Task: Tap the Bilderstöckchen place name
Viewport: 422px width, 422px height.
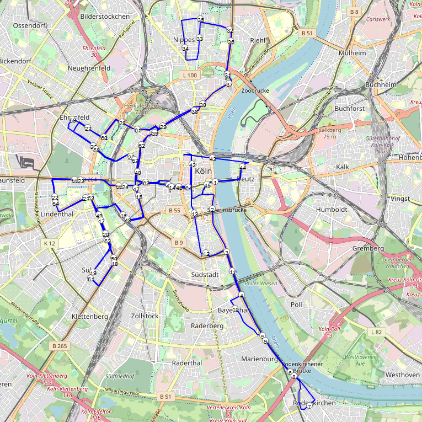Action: (105, 17)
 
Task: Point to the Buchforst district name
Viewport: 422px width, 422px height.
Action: (350, 109)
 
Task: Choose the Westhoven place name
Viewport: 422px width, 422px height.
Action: (403, 375)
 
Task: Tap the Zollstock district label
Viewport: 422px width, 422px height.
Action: (145, 316)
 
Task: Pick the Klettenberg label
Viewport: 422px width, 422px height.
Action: (90, 317)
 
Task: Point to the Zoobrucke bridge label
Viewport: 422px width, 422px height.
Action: (255, 90)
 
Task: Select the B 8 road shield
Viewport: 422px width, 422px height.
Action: (354, 12)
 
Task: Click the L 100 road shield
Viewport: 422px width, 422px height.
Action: (189, 75)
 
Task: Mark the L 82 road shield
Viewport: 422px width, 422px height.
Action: (376, 332)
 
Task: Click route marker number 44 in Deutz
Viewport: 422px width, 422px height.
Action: (242, 167)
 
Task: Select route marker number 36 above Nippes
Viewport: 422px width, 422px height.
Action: (200, 20)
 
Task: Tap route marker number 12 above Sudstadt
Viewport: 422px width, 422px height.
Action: (206, 253)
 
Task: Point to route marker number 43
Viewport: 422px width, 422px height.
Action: (212, 159)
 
